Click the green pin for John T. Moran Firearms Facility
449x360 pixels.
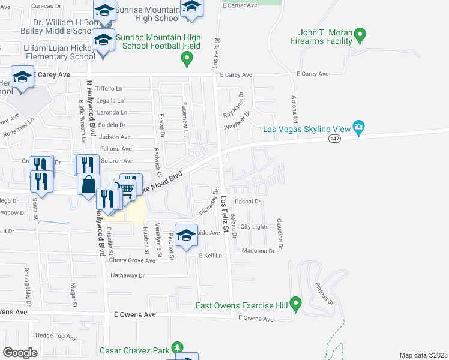coord(360,34)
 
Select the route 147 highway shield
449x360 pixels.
coord(335,139)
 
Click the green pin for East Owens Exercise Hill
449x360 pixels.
coord(295,304)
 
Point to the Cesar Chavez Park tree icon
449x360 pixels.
coord(176,347)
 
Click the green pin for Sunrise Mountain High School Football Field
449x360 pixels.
coord(187,58)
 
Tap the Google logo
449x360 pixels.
coord(20,352)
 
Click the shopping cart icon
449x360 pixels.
coord(127,187)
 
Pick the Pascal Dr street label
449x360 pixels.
coord(247,202)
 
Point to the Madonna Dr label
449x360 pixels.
coord(258,251)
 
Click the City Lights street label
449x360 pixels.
coord(255,227)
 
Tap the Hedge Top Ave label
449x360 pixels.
coord(53,335)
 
